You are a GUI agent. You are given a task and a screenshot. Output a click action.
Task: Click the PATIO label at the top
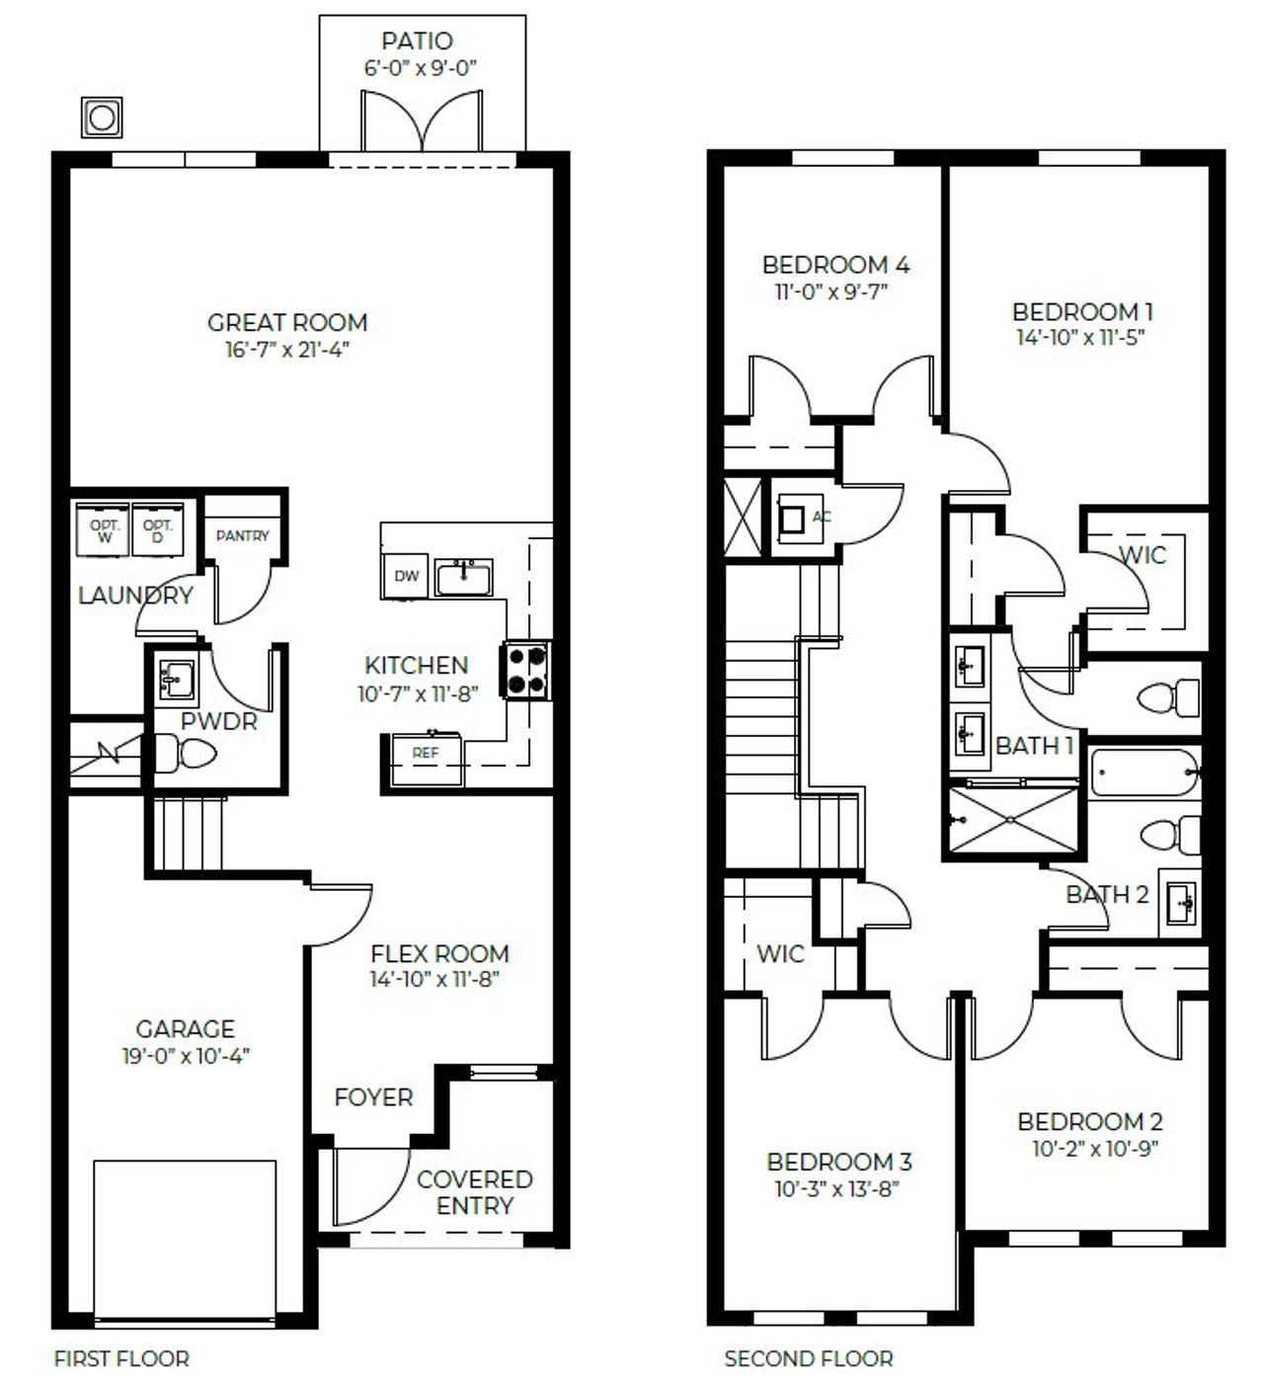(417, 41)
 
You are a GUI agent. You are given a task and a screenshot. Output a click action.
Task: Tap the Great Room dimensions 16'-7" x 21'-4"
(287, 350)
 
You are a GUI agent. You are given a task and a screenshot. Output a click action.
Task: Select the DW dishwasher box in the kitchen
(406, 576)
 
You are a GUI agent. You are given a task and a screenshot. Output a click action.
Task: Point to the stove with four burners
(528, 671)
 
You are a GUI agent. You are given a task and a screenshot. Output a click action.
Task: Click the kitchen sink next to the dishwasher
(464, 577)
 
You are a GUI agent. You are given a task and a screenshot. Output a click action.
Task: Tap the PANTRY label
(242, 535)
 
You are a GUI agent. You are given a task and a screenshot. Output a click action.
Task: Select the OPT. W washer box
(105, 530)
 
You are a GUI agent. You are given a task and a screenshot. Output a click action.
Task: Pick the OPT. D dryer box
(158, 530)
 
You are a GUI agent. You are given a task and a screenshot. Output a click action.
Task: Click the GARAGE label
(185, 1029)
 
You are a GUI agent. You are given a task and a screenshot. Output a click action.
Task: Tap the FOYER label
(373, 1097)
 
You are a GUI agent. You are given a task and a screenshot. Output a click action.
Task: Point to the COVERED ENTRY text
(475, 1192)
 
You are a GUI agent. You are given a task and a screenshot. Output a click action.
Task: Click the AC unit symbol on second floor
(792, 519)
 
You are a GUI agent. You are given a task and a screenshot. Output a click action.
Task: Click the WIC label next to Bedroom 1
(1142, 555)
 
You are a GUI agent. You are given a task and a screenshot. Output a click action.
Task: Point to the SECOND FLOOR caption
(808, 1359)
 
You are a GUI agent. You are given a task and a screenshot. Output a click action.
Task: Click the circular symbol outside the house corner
(102, 119)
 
